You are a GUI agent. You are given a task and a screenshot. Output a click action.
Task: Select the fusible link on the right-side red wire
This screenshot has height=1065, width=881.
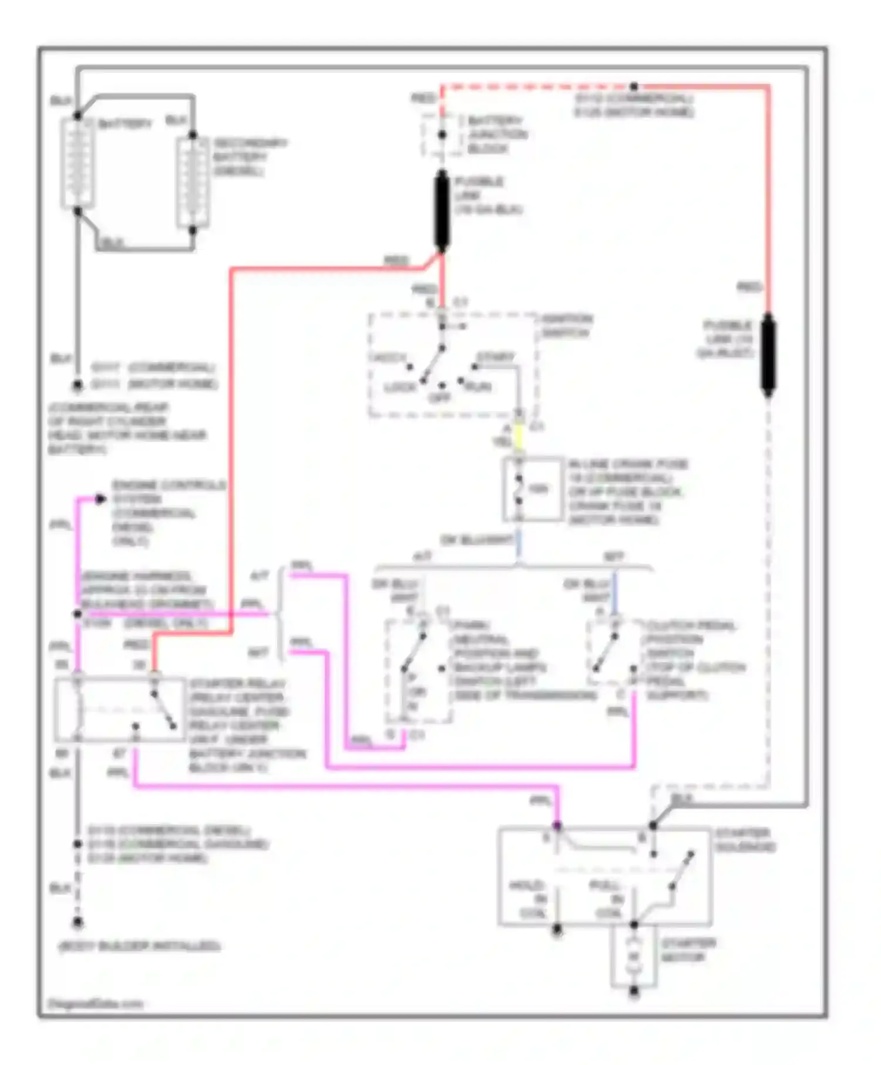pos(768,354)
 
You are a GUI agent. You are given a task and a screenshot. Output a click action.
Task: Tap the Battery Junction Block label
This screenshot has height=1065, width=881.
pos(497,135)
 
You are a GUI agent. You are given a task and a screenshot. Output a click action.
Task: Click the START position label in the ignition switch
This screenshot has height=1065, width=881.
pos(496,356)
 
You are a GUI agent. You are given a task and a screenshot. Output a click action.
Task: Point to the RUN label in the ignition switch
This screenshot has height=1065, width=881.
pos(478,387)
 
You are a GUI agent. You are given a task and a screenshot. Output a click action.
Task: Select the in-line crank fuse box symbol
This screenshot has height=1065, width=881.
pos(532,489)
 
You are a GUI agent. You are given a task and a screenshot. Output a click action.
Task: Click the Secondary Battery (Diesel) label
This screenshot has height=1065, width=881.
pos(250,157)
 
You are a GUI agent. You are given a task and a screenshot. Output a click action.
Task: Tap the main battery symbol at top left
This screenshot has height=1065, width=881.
pos(78,163)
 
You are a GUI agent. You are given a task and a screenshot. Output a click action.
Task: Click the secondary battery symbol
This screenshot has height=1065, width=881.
pos(193,183)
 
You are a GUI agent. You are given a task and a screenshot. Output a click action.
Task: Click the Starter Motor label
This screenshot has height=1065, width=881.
pos(688,950)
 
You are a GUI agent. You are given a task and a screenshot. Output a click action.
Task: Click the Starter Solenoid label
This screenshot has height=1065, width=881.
pos(745,840)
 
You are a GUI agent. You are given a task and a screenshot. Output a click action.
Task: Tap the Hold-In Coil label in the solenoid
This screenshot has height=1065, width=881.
pos(534,899)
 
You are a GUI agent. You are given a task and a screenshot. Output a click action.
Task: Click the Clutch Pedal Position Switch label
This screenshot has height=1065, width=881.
pos(695,660)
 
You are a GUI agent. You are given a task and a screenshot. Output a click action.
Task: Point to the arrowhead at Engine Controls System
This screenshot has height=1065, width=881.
pos(100,499)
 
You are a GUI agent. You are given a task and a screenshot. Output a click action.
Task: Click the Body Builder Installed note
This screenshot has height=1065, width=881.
pos(140,946)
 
